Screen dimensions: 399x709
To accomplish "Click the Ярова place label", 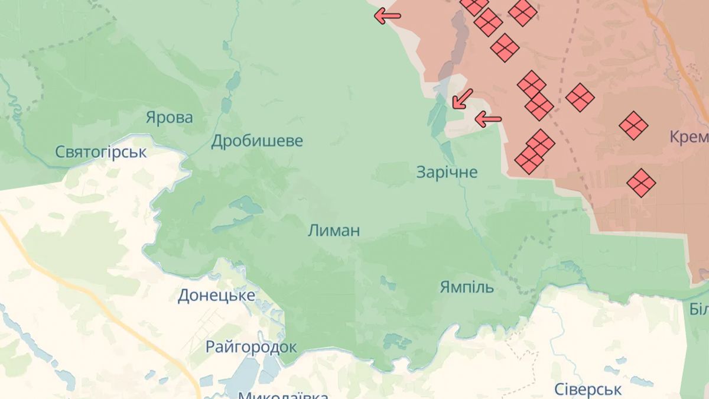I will point(170,118).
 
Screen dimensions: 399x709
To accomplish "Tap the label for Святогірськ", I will point(101,152).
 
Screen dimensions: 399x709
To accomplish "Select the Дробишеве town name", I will point(257,141).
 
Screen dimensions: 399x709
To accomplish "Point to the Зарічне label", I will point(447,173).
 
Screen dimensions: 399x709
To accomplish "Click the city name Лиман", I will point(334,231).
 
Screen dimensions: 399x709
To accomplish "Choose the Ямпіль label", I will point(467,287).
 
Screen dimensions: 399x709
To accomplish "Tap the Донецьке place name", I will point(217,296).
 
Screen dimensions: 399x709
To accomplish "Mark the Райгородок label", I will point(251,346).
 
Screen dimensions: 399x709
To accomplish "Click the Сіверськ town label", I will point(588,390).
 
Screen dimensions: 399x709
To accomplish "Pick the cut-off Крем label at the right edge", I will point(690,138).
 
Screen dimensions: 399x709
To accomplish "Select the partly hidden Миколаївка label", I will point(283,394).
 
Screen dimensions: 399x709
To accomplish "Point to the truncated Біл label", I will point(699,309).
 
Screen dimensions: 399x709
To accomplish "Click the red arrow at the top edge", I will point(387,16).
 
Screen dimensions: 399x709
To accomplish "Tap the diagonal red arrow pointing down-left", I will point(463,99).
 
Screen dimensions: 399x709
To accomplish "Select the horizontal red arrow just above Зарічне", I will point(488,119).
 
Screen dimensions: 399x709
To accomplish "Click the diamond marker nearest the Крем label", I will point(633,125).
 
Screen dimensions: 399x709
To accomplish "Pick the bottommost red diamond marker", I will point(641,182).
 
